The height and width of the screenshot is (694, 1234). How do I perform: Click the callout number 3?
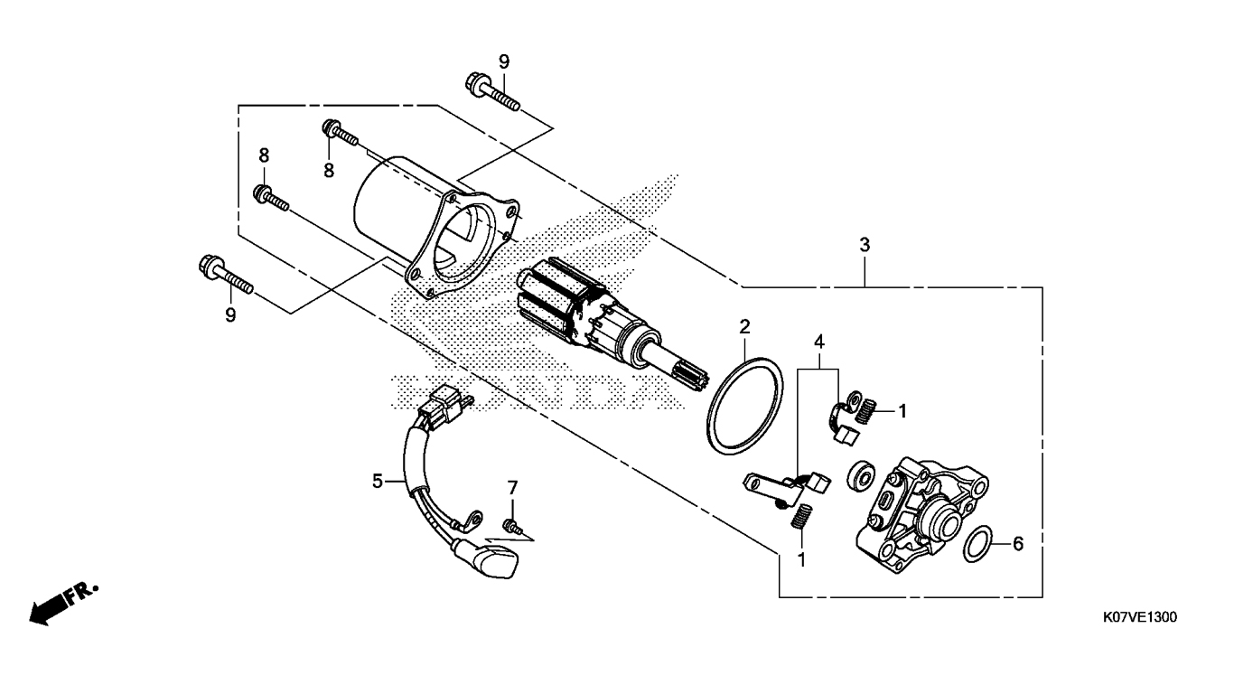[865, 245]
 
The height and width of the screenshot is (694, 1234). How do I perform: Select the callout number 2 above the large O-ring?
[744, 327]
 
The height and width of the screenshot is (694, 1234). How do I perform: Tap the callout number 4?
[819, 342]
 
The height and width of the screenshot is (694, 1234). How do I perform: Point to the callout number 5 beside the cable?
[378, 482]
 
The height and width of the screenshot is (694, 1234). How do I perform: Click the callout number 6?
[1018, 544]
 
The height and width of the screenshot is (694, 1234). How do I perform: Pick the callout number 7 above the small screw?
[512, 488]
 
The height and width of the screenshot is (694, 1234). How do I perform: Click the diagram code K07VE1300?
[1139, 617]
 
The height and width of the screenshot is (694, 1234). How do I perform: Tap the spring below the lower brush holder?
[799, 517]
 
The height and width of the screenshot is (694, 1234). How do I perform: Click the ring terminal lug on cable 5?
[471, 521]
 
